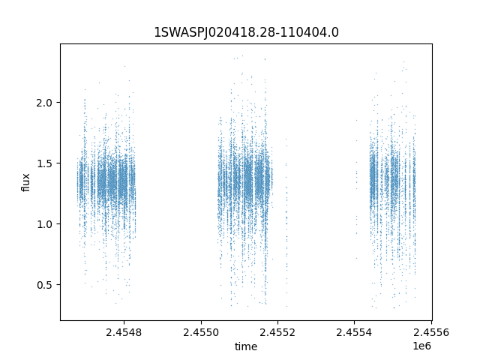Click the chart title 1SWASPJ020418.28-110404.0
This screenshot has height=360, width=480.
click(x=246, y=32)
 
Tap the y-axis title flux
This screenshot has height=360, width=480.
click(x=25, y=182)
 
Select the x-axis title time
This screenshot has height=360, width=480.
click(x=246, y=346)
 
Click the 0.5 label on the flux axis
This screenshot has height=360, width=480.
click(x=46, y=285)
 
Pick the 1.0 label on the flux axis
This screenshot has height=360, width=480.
click(x=46, y=224)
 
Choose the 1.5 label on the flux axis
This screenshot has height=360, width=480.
click(x=46, y=163)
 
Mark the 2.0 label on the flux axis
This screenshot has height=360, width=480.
click(x=46, y=102)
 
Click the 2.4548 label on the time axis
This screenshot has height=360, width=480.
click(x=123, y=331)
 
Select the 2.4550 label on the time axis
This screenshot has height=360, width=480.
click(x=200, y=331)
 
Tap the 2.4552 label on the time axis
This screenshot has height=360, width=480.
click(x=277, y=331)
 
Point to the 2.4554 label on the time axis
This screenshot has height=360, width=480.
click(x=355, y=331)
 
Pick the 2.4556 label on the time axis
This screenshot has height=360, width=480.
click(x=431, y=331)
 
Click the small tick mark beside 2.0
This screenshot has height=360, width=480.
click(x=59, y=102)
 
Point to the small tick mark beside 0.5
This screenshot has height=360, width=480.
click(x=59, y=285)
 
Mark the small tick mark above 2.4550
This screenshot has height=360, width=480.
click(x=200, y=322)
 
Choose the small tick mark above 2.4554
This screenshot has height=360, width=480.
click(x=355, y=322)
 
